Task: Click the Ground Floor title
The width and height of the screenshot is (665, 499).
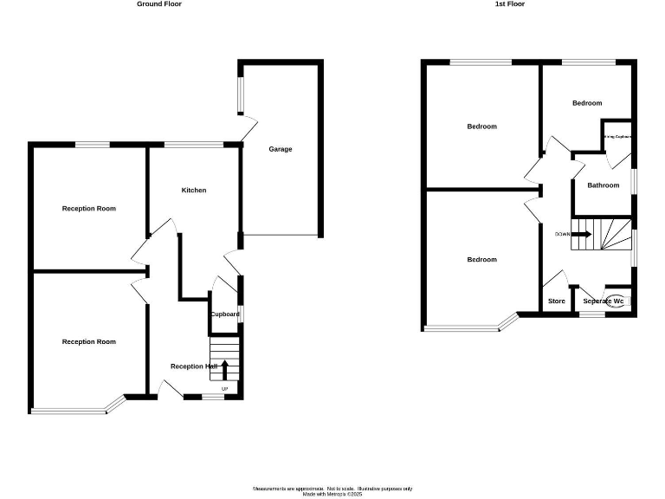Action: pyautogui.click(x=159, y=4)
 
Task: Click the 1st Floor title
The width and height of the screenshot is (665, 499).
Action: pyautogui.click(x=510, y=4)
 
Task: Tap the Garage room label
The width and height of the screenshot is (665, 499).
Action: pyautogui.click(x=280, y=149)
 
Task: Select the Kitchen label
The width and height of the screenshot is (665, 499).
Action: pyautogui.click(x=193, y=190)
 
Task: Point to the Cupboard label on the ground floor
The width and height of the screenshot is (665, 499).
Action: pyautogui.click(x=224, y=314)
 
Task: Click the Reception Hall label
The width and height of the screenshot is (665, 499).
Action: pyautogui.click(x=193, y=366)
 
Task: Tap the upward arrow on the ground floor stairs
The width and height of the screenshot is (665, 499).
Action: pyautogui.click(x=225, y=370)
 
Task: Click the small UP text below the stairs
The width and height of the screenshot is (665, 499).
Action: pyautogui.click(x=225, y=389)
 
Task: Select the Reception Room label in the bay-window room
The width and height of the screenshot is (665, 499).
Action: pyautogui.click(x=88, y=342)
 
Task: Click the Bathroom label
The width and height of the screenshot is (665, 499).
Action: pyautogui.click(x=603, y=185)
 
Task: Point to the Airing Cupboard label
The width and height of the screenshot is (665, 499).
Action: pyautogui.click(x=617, y=137)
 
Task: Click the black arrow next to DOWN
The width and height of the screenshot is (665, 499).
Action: pyautogui.click(x=582, y=234)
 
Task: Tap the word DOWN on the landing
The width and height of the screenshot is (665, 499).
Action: pyautogui.click(x=563, y=234)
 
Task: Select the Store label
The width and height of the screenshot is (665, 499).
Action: pyautogui.click(x=557, y=301)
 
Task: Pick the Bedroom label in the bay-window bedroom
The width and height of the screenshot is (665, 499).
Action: pyautogui.click(x=481, y=260)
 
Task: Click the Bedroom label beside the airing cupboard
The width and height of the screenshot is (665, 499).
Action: pyautogui.click(x=586, y=103)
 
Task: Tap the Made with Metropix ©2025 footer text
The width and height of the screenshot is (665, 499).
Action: pyautogui.click(x=332, y=495)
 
